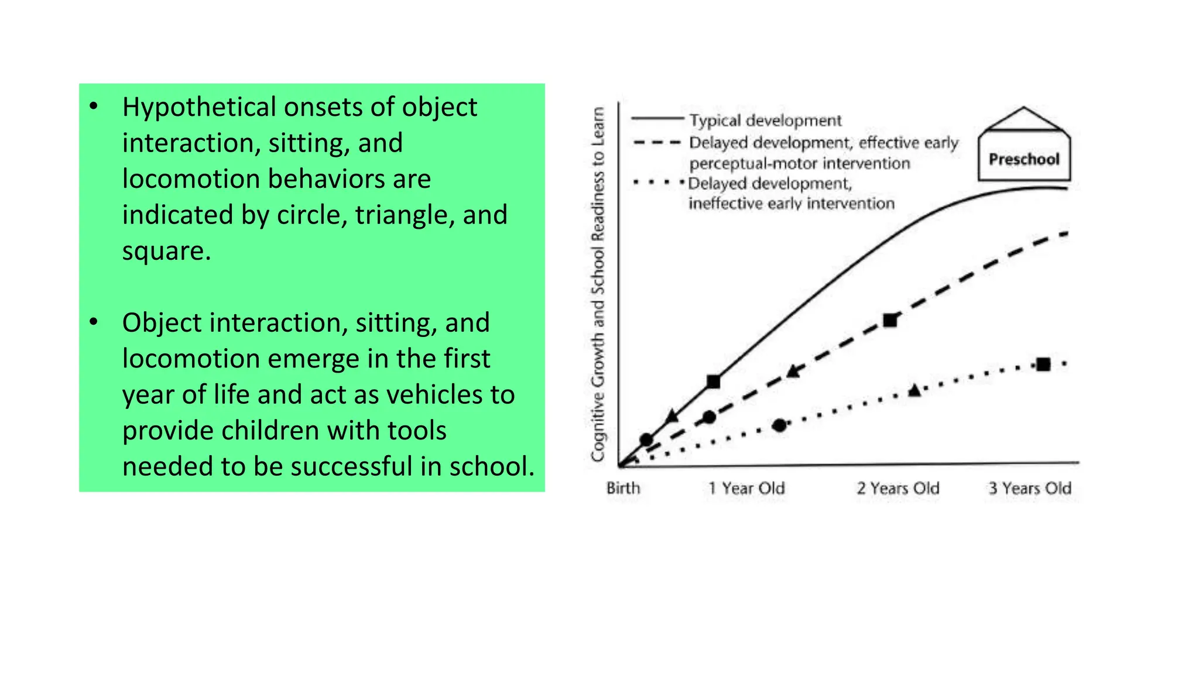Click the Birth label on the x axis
623,488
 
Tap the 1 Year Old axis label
746,488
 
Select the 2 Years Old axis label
897,488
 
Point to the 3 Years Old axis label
1030,488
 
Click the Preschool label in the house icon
1024,159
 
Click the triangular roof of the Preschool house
1024,119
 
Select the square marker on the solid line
713,382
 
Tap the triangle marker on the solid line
672,417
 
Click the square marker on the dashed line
890,321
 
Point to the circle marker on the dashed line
709,417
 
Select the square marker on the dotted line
1043,364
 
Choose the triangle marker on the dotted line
915,390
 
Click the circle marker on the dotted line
779,425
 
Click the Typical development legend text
765,121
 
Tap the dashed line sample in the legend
657,142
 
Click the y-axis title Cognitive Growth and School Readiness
598,284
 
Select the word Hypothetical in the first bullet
198,108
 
